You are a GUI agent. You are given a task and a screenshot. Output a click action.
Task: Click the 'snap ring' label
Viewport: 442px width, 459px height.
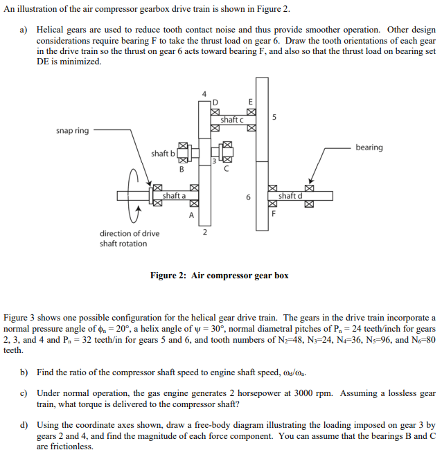72,131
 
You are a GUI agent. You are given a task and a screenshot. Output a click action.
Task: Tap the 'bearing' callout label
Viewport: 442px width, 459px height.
369,147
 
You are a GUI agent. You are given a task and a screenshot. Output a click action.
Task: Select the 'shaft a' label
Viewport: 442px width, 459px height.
173,196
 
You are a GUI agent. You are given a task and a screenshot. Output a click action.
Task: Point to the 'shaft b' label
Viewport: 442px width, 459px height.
163,153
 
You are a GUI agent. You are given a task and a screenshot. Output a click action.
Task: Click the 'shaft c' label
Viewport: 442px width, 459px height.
231,120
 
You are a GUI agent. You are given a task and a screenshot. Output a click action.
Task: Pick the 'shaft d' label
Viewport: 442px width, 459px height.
289,196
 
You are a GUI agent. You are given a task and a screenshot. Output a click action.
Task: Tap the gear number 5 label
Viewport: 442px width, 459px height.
275,118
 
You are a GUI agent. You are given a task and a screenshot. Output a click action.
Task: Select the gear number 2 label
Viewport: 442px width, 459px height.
204,232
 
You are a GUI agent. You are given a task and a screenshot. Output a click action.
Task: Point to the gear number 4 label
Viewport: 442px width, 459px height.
204,93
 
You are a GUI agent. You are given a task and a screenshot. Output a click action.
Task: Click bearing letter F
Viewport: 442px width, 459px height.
274,213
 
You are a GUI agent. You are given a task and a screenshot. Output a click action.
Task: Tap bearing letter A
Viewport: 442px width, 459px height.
191,214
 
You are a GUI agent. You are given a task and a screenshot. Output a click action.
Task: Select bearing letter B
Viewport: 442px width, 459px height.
182,169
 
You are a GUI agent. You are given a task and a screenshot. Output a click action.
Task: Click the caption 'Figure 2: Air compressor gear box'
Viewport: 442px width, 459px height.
219,276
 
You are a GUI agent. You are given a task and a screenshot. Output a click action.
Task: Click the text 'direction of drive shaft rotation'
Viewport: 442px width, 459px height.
129,238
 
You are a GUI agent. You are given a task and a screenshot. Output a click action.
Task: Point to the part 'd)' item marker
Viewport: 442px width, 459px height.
24,424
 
